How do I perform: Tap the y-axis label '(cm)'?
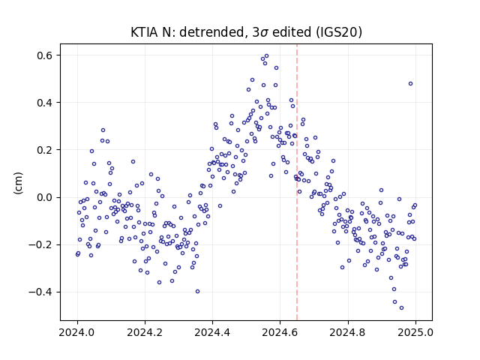tap(18, 183)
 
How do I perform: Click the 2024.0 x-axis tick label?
tap(77, 332)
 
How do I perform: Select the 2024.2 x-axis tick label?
tap(145, 332)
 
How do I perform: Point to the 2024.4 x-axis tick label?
tap(212, 332)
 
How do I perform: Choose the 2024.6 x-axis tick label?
tap(280, 332)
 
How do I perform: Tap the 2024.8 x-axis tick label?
tap(348, 332)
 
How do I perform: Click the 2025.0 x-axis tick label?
tap(415, 332)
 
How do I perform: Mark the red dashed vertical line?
tap(297, 182)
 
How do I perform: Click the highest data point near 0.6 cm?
tap(267, 56)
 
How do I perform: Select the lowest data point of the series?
tap(402, 308)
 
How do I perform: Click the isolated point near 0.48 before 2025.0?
tap(411, 84)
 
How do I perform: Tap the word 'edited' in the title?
tap(292, 32)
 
